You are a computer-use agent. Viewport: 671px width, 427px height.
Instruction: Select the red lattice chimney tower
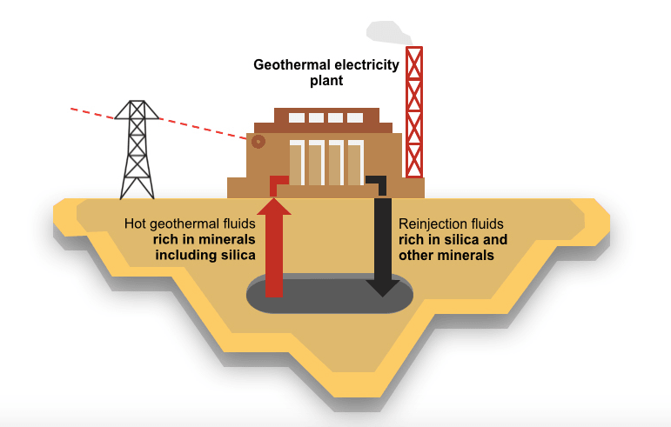(x=415, y=113)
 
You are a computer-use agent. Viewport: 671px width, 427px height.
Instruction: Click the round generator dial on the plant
(x=258, y=142)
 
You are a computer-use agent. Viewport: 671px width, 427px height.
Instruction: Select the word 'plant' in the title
(x=326, y=81)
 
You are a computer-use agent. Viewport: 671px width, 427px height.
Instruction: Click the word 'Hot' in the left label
(x=136, y=224)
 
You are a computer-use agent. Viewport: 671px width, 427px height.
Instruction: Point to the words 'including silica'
(x=205, y=255)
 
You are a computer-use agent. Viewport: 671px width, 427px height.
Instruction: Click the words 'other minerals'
(x=446, y=256)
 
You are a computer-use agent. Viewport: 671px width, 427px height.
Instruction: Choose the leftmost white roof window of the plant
(x=297, y=117)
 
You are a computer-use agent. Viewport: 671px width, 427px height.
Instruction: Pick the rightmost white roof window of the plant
(x=355, y=117)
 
